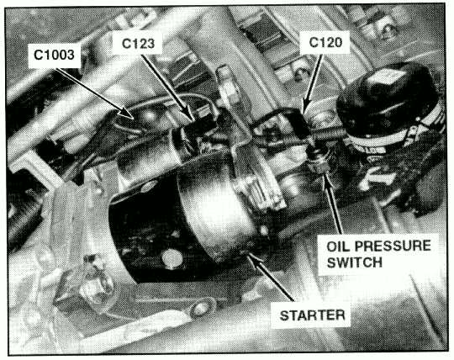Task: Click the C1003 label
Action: pyautogui.click(x=54, y=55)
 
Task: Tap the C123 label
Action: pyautogui.click(x=138, y=44)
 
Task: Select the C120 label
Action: pyautogui.click(x=325, y=43)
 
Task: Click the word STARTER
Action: pyautogui.click(x=312, y=315)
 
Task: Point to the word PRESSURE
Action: pyautogui.click(x=393, y=246)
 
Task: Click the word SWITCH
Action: pyautogui.click(x=355, y=262)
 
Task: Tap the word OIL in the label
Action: pyautogui.click(x=338, y=246)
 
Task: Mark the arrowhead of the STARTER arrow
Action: pyautogui.click(x=252, y=258)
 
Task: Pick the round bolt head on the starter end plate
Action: pyautogui.click(x=172, y=258)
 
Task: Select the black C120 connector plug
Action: pyautogui.click(x=299, y=124)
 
